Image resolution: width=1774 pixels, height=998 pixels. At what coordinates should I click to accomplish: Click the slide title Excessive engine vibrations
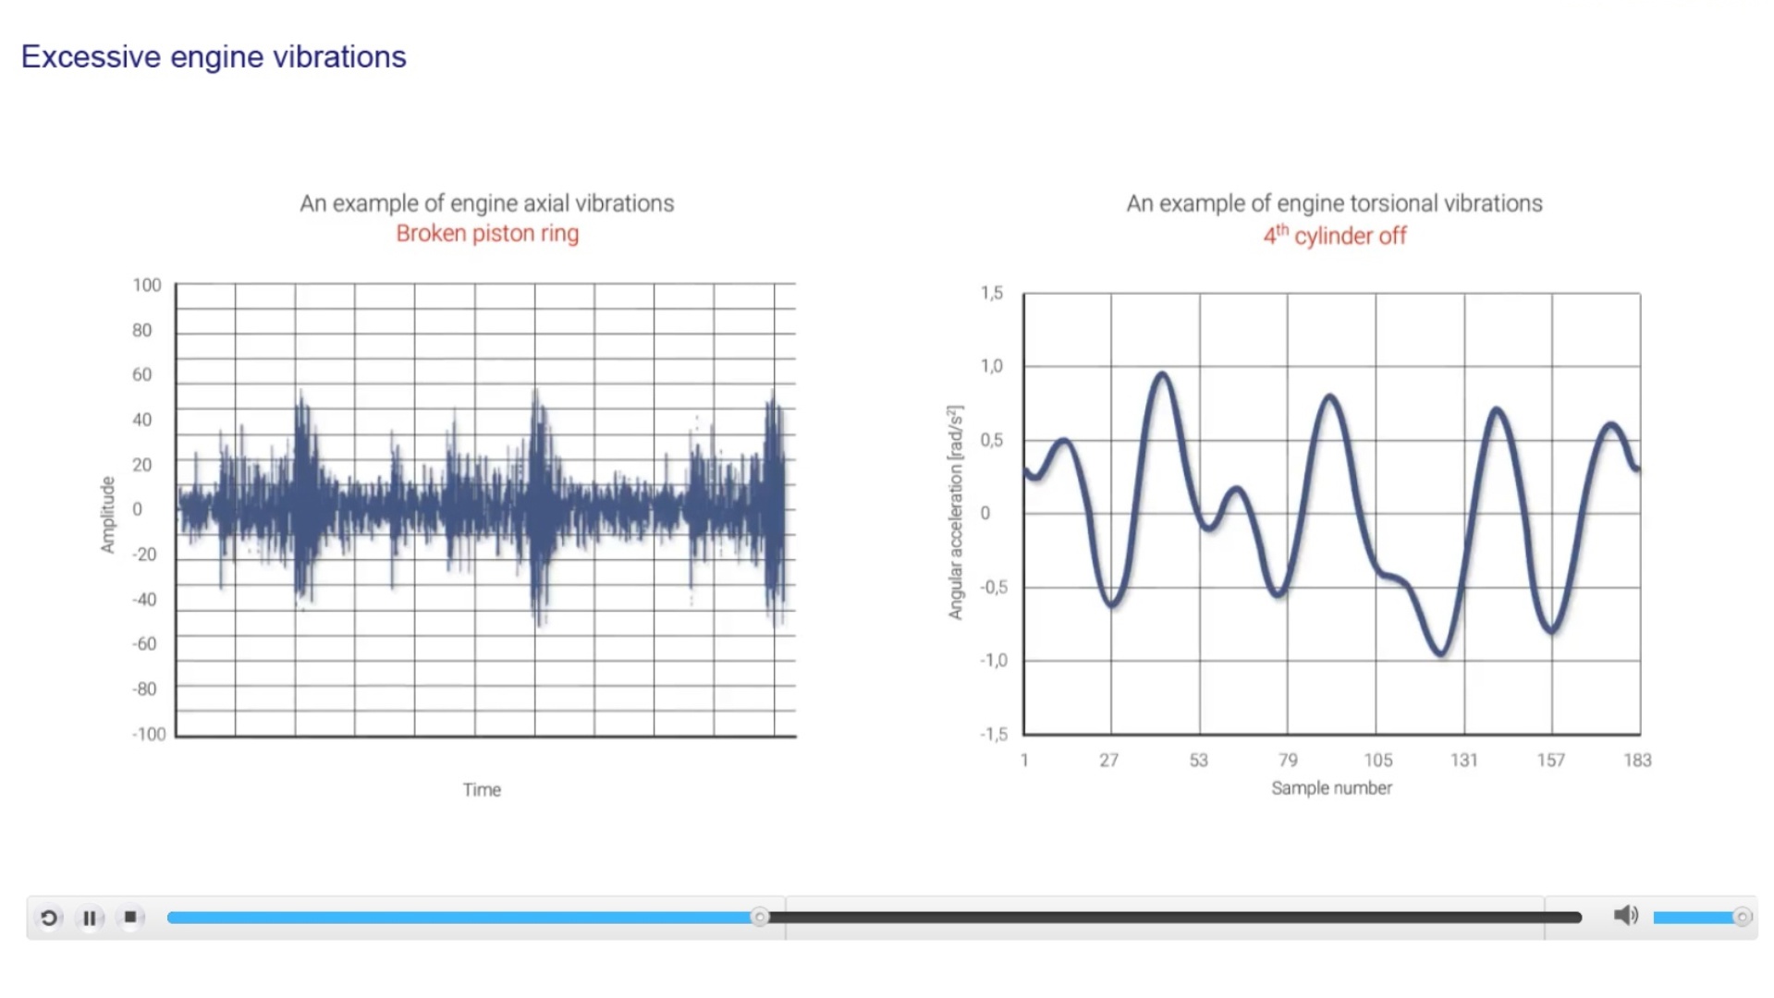[214, 57]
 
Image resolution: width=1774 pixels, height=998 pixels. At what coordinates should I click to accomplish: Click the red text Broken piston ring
[487, 234]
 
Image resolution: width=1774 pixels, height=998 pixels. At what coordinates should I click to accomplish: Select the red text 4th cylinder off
[1335, 236]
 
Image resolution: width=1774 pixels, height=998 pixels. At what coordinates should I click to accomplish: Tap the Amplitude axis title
[108, 515]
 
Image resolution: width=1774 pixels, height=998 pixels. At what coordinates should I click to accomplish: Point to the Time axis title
[482, 790]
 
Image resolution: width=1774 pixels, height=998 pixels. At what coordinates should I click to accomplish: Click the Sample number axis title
[1331, 788]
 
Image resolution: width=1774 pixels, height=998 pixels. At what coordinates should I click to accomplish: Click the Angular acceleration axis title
[955, 512]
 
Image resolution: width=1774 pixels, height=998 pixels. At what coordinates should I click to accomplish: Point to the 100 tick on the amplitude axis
[146, 286]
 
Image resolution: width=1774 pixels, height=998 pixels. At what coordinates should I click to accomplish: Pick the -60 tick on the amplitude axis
[144, 644]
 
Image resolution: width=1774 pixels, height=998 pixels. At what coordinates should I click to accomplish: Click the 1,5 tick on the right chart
[992, 293]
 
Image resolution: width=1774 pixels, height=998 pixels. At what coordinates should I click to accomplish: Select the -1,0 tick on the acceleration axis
[994, 661]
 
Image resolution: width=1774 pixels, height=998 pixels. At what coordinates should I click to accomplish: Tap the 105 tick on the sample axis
[1377, 761]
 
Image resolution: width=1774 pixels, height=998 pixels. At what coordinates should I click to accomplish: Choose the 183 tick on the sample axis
[1637, 761]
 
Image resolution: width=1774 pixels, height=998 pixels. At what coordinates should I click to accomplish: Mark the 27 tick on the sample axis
[1109, 761]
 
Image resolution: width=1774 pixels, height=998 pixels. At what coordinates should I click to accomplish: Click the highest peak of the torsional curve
[1162, 375]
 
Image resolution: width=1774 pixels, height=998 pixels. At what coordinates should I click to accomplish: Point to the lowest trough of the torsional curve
[1440, 652]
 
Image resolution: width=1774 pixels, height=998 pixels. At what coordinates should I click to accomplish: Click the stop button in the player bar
[130, 918]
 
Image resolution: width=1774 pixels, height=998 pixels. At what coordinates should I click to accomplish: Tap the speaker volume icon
[1625, 916]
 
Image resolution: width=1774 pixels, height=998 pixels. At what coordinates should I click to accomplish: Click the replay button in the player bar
[49, 918]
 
